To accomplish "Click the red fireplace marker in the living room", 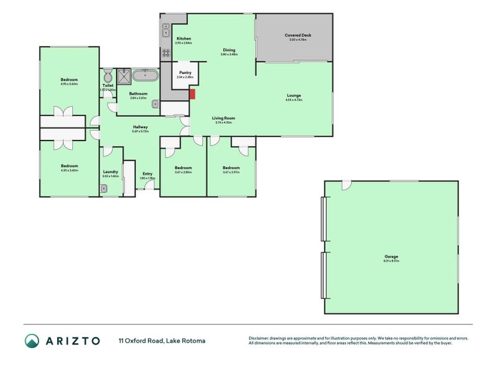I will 192,94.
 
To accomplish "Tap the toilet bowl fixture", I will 108,77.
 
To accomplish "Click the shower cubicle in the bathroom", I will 123,76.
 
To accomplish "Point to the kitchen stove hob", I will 166,53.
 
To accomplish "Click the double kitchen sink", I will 166,28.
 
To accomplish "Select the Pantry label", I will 185,73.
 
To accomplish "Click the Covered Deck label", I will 298,35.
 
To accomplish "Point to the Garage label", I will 391,257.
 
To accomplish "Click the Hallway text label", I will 139,127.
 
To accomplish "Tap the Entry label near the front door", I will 147,173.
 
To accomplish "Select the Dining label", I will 229,50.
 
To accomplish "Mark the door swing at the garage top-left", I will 346,185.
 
